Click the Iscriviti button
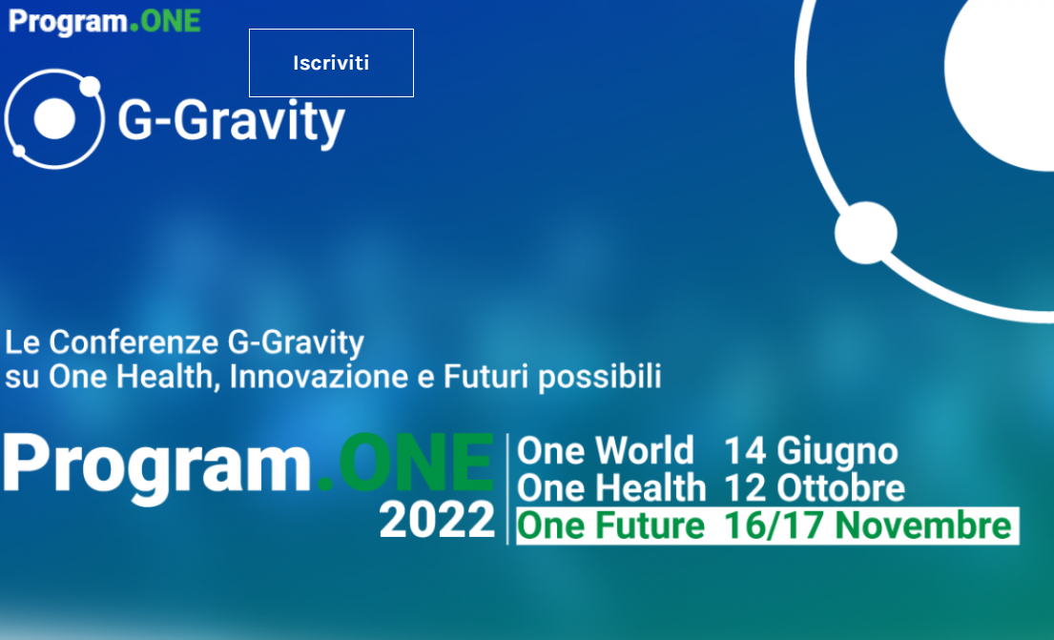[331, 63]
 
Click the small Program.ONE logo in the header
[104, 22]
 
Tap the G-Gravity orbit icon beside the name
[54, 119]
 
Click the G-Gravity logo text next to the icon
[231, 122]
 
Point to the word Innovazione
[319, 376]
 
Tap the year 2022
[437, 521]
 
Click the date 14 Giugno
[811, 450]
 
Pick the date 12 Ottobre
[815, 488]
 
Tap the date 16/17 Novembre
[868, 526]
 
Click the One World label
[605, 450]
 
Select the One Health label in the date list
[611, 488]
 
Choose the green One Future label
[610, 526]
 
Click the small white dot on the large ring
[866, 233]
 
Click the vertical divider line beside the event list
[506, 488]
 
